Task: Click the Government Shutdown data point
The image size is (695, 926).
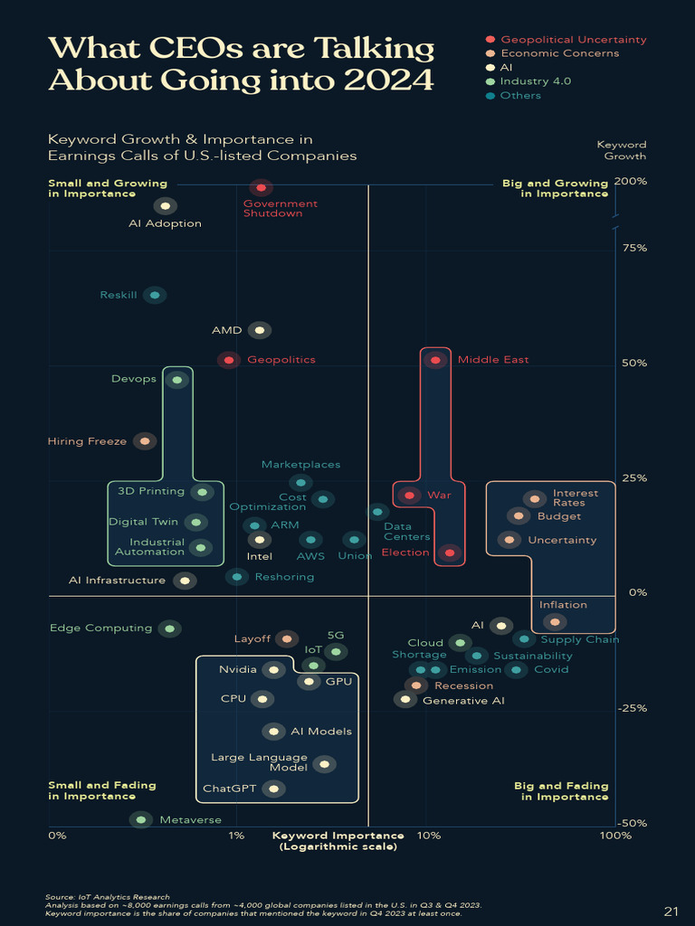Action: [x=261, y=188]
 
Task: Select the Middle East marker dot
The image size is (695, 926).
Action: [x=436, y=360]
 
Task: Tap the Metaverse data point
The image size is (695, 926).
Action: [x=139, y=819]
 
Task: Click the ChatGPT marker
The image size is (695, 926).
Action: [x=272, y=789]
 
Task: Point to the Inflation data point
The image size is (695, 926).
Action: [x=555, y=621]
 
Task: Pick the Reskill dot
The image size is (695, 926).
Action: [x=155, y=295]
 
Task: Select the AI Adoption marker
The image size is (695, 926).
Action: [x=164, y=206]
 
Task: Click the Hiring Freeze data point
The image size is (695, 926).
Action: [x=143, y=441]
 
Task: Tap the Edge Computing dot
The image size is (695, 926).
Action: [x=168, y=628]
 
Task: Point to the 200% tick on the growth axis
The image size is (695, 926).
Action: [x=630, y=181]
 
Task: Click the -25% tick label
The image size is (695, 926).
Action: [x=631, y=708]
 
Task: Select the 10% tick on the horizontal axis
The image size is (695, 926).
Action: [x=427, y=836]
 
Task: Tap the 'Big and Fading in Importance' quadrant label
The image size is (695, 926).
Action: [x=561, y=791]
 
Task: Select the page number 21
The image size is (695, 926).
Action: [x=671, y=910]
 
